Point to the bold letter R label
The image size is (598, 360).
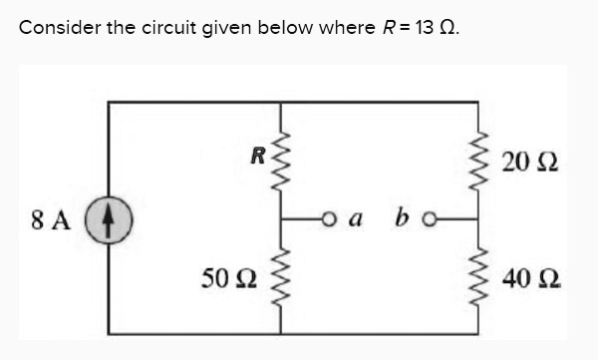(x=257, y=155)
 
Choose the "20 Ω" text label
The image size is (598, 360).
(x=530, y=161)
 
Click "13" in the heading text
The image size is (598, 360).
(x=424, y=27)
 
